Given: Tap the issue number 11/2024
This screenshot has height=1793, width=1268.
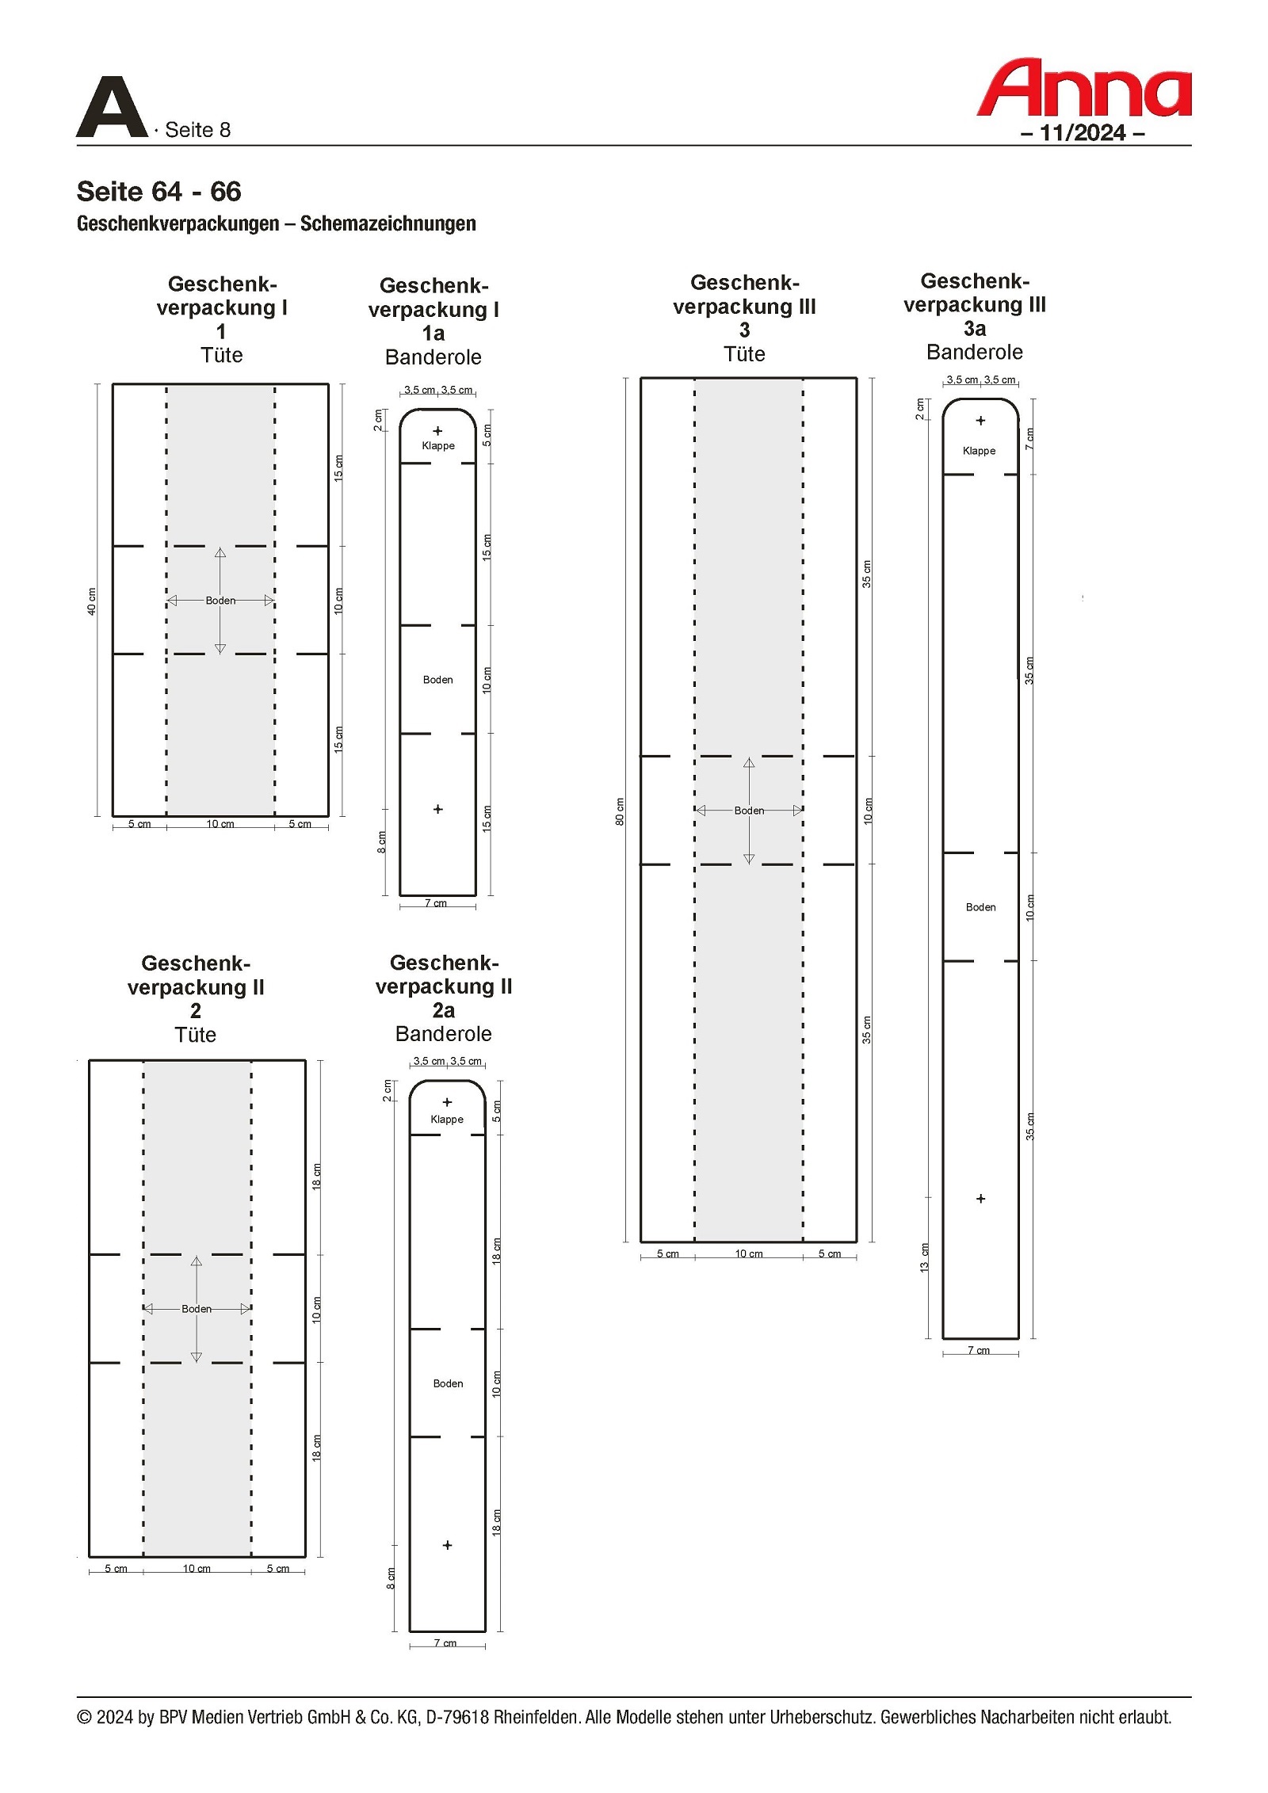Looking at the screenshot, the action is point(1083,132).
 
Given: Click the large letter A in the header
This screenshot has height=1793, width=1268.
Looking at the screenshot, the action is point(112,107).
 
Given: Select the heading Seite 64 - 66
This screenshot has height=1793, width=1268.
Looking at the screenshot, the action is point(158,191).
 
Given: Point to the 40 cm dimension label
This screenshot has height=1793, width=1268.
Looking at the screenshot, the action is point(91,601).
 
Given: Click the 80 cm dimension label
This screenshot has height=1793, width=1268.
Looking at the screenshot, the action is point(620,811).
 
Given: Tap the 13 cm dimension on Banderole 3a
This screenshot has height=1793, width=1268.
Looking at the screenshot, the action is point(924,1257).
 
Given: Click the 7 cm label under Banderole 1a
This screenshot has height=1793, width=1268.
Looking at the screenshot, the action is point(436,903).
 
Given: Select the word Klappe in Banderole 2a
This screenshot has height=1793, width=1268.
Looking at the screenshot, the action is point(447,1119).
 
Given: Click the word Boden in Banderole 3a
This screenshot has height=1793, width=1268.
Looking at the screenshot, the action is point(980,907).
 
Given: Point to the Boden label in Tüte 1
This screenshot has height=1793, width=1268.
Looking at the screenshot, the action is point(220,601).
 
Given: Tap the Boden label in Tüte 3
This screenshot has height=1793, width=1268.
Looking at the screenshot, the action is point(749,811).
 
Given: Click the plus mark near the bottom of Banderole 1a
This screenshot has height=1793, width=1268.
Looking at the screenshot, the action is point(437,809).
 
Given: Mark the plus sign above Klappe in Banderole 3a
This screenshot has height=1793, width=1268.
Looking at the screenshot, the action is point(980,421).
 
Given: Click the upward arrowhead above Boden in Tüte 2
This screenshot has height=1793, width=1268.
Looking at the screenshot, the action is point(197,1261).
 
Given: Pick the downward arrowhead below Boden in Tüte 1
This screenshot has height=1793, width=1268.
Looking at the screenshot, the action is point(220,649).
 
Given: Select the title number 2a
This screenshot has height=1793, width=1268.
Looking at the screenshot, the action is point(444,1010).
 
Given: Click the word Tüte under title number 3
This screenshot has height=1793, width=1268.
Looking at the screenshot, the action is point(744,354).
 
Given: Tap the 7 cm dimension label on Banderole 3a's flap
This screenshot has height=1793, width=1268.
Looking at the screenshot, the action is point(1029,439).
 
